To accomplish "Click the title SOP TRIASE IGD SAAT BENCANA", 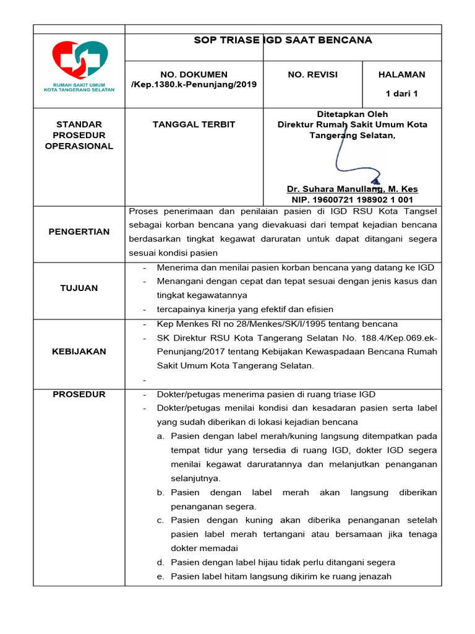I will point(283,40).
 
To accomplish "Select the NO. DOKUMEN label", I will point(194,74).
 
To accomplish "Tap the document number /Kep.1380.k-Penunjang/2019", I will point(194,84).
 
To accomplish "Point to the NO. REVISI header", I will point(313,74).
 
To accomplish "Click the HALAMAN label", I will point(402,74).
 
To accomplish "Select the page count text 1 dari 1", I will point(402,93).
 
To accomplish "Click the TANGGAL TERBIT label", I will point(194,124).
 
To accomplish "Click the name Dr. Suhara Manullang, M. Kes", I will point(353,189).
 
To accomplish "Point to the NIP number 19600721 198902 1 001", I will point(353,200).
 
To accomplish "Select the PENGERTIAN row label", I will point(79,232).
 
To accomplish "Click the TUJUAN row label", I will point(79,288).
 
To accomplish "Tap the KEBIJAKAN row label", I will point(79,351).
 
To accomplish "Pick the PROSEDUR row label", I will point(79,394).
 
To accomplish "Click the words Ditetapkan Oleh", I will point(353,114).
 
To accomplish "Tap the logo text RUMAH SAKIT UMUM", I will point(79,84).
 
